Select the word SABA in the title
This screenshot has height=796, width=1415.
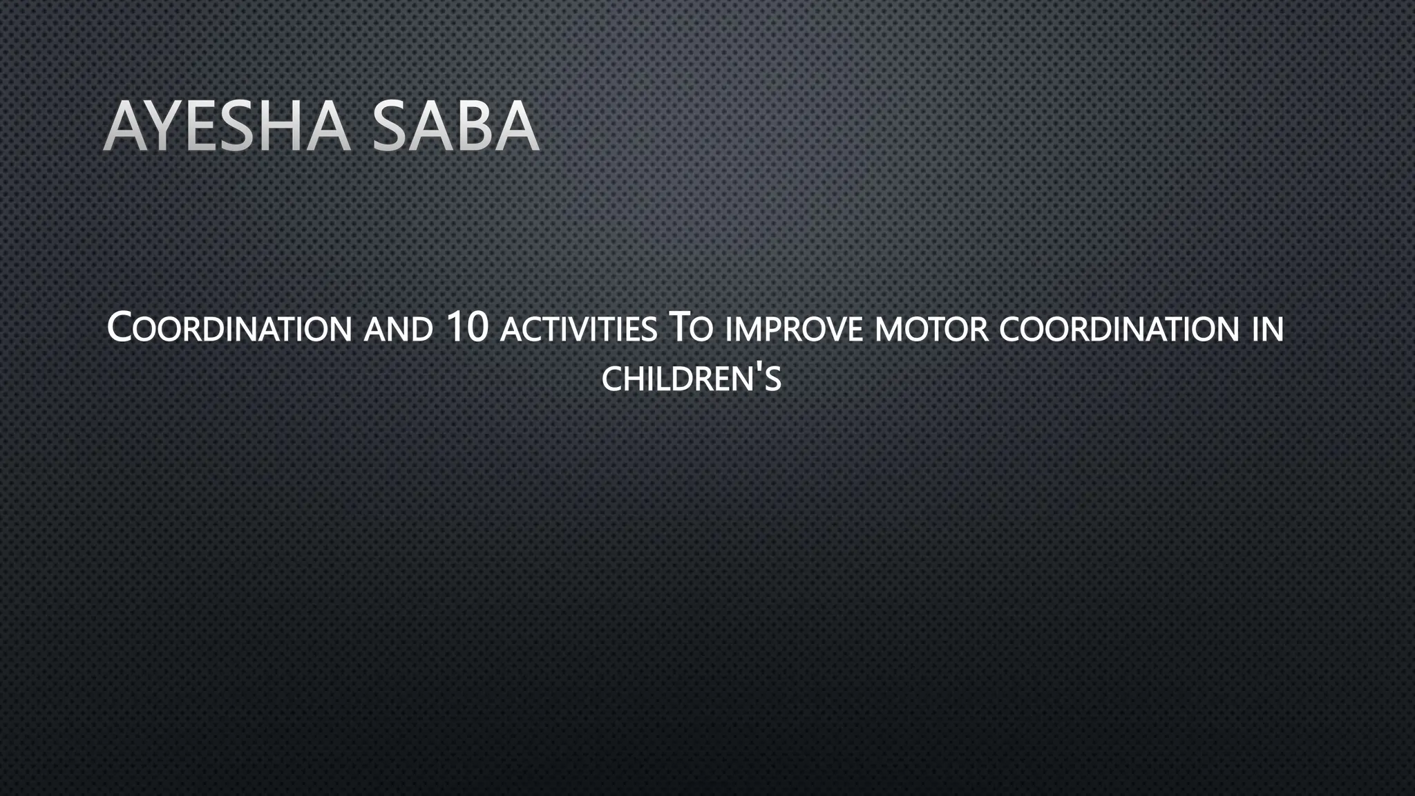tap(455, 126)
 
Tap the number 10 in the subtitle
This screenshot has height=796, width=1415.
tap(468, 328)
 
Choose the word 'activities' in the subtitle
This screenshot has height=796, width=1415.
tap(578, 330)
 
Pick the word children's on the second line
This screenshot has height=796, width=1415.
tap(691, 379)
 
